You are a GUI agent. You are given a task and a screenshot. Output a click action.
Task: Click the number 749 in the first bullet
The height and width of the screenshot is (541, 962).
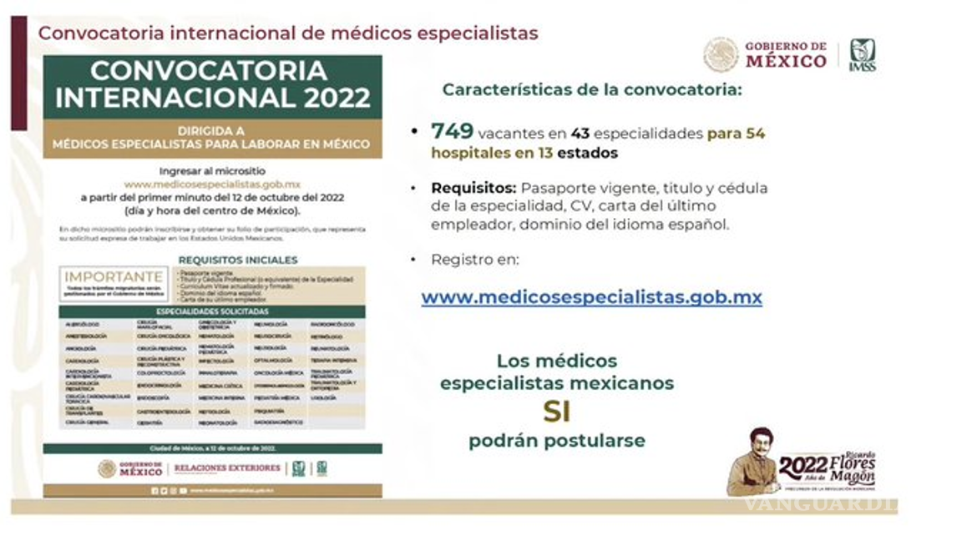click(x=452, y=131)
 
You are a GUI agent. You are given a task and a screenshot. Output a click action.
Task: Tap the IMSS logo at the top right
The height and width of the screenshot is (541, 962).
click(x=862, y=55)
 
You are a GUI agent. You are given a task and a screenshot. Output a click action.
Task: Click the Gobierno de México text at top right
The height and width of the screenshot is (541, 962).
click(x=785, y=55)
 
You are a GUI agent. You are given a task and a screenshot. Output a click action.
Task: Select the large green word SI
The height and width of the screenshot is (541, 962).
click(x=557, y=412)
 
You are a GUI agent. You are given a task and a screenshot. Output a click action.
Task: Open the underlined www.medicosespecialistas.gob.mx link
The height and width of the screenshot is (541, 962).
click(x=591, y=297)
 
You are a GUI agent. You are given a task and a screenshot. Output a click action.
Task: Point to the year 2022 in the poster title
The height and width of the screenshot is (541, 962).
click(x=337, y=98)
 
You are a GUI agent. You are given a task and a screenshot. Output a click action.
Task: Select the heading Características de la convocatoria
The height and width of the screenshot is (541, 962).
click(x=591, y=89)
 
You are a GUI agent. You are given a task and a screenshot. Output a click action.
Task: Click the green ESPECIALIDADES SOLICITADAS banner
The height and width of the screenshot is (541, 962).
click(x=213, y=311)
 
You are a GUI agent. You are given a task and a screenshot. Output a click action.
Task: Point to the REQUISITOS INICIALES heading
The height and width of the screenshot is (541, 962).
click(x=237, y=260)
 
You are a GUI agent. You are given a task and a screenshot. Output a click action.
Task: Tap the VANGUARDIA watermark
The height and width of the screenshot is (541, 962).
click(x=818, y=504)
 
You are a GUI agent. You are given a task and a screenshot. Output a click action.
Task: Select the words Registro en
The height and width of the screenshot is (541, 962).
click(x=474, y=260)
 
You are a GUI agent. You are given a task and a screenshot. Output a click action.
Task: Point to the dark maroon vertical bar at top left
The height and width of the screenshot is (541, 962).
click(x=18, y=73)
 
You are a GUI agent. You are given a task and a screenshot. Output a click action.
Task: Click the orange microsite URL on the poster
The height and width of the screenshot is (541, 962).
click(x=212, y=184)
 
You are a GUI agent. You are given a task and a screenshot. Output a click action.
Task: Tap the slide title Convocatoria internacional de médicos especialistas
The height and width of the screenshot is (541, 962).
click(x=288, y=33)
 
